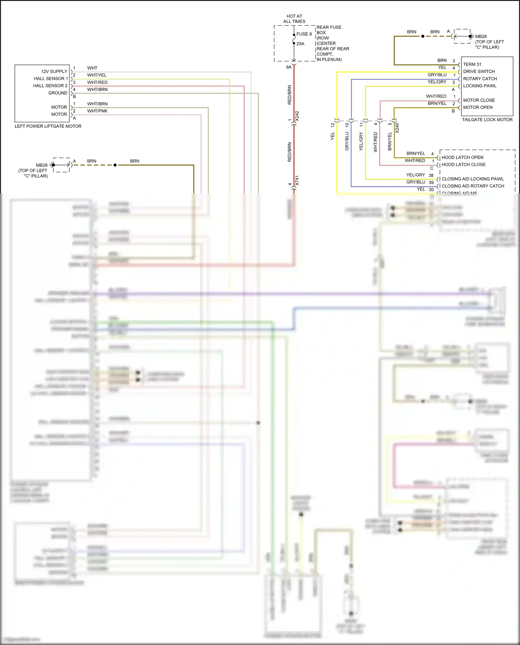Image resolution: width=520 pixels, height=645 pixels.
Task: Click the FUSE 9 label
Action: pyautogui.click(x=304, y=34)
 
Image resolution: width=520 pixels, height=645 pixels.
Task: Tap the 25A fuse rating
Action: pyautogui.click(x=300, y=44)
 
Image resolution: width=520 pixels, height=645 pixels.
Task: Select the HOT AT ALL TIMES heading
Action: pyautogui.click(x=294, y=19)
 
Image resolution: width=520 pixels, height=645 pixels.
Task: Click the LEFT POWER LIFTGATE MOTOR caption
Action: pyautogui.click(x=48, y=126)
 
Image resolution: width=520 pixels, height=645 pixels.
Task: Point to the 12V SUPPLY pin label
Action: pyautogui.click(x=54, y=71)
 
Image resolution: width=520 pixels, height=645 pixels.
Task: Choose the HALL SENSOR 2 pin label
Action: pyautogui.click(x=50, y=86)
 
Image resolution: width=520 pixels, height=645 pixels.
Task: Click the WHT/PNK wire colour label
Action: pyautogui.click(x=97, y=111)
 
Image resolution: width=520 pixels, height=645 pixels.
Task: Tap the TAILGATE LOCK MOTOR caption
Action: pyautogui.click(x=487, y=120)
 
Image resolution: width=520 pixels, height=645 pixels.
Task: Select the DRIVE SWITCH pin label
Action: pyautogui.click(x=479, y=71)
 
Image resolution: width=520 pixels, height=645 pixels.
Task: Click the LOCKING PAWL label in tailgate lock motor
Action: pyautogui.click(x=480, y=86)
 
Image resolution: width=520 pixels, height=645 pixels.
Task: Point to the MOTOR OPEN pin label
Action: pyautogui.click(x=478, y=107)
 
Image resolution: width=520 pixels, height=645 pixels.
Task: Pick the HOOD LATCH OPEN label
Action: pyautogui.click(x=462, y=157)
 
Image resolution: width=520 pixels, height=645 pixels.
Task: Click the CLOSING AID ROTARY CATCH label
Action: pyautogui.click(x=473, y=186)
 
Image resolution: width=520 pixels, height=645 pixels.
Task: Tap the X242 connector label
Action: pyautogui.click(x=297, y=116)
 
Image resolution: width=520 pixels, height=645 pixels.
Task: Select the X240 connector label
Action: pyautogui.click(x=397, y=128)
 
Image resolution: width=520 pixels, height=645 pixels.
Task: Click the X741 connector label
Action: pyautogui.click(x=297, y=181)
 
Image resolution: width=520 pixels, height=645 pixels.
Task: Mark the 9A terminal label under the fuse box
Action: pyautogui.click(x=289, y=67)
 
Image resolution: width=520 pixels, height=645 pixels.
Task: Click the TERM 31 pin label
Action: pyautogui.click(x=472, y=64)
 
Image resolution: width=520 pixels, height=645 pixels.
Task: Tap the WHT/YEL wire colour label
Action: pyautogui.click(x=97, y=75)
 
